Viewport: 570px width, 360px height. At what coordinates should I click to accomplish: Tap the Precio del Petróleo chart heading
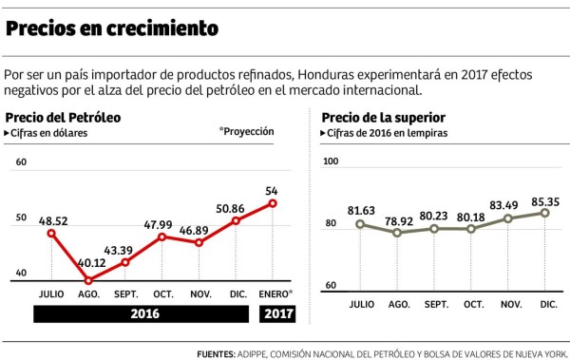pyautogui.click(x=65, y=117)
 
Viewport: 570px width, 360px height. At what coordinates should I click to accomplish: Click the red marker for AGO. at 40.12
pyautogui.click(x=88, y=280)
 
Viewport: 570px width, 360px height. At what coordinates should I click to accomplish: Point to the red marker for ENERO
pyautogui.click(x=273, y=202)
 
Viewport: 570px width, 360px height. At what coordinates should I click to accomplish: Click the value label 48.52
pyautogui.click(x=53, y=219)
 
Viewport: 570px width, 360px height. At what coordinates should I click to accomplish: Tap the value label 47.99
pyautogui.click(x=163, y=223)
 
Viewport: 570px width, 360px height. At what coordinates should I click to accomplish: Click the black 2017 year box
pyautogui.click(x=277, y=313)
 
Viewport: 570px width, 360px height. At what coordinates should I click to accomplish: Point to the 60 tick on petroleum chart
pyautogui.click(x=21, y=162)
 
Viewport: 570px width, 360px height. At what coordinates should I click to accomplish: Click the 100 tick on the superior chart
pyautogui.click(x=331, y=162)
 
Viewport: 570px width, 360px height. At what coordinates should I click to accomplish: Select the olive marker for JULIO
pyautogui.click(x=361, y=224)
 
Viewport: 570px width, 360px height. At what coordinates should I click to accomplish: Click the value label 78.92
pyautogui.click(x=398, y=219)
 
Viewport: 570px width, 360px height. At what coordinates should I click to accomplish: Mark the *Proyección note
pyautogui.click(x=246, y=132)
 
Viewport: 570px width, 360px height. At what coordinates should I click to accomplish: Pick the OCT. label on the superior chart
pyautogui.click(x=471, y=303)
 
